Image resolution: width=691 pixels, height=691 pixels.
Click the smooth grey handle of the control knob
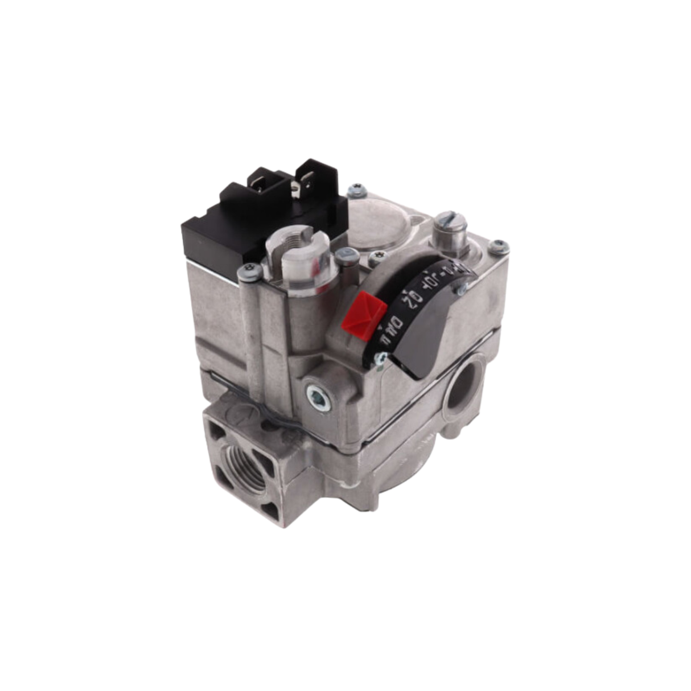pos(426,353)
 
